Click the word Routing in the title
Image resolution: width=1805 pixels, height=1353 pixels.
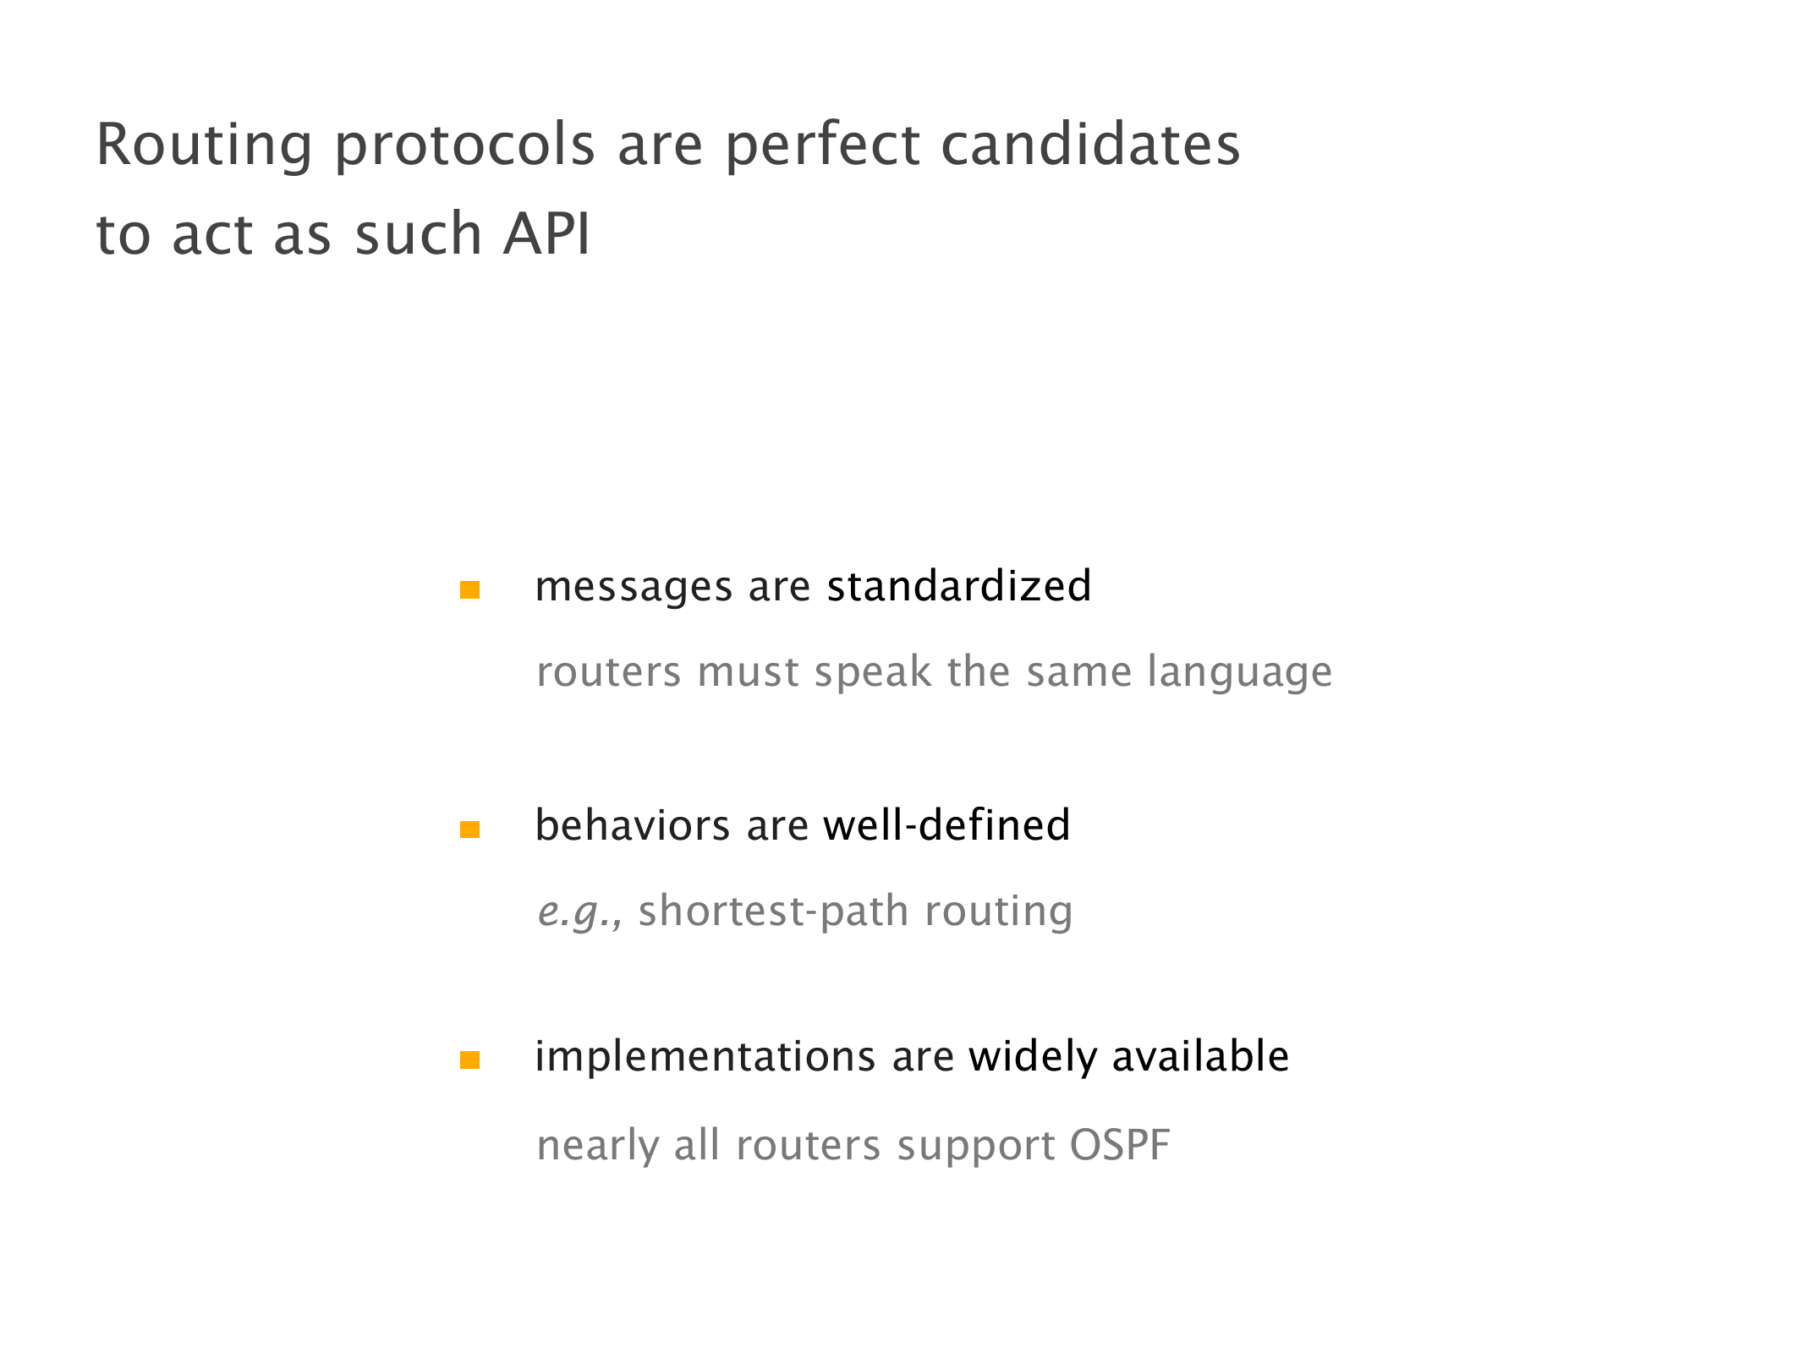coord(205,146)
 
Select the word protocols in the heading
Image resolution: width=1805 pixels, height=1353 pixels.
coord(465,146)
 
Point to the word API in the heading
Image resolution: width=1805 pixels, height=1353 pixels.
coord(546,233)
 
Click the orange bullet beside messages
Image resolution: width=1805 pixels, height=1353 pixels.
coord(469,589)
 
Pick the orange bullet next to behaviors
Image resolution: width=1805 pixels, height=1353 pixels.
coord(469,830)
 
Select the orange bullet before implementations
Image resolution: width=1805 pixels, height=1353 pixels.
coord(469,1060)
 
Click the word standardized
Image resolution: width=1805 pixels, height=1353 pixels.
coord(959,586)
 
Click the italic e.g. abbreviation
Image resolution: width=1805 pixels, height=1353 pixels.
coord(580,912)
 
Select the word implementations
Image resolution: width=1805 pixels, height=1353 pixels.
coord(705,1057)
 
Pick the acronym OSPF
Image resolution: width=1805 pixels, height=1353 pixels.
coord(1120,1145)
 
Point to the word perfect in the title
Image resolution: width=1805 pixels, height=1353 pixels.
coord(822,146)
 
